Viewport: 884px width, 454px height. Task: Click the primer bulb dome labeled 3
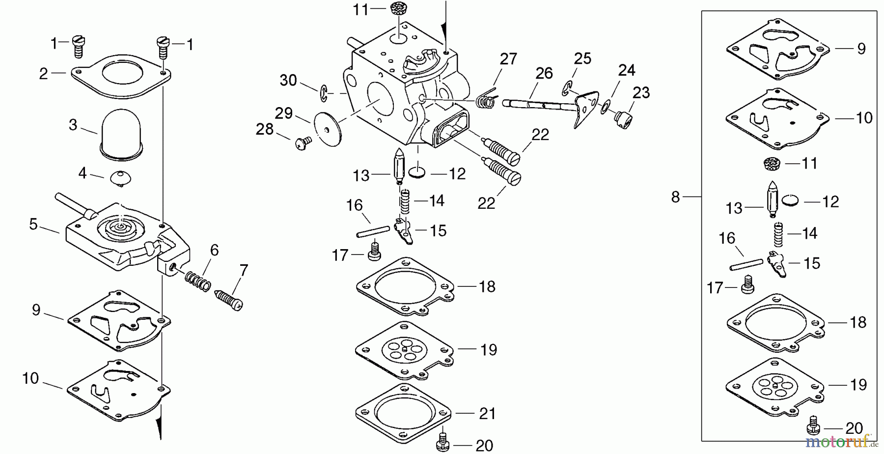pyautogui.click(x=121, y=133)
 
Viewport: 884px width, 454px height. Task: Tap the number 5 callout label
pyautogui.click(x=33, y=225)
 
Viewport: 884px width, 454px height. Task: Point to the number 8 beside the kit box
pyautogui.click(x=675, y=197)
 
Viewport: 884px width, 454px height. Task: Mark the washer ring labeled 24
pyautogui.click(x=607, y=106)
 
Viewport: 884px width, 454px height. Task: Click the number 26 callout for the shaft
pyautogui.click(x=543, y=74)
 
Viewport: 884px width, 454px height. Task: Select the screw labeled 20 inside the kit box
pyautogui.click(x=814, y=426)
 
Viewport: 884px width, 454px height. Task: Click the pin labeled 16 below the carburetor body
pyautogui.click(x=373, y=231)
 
